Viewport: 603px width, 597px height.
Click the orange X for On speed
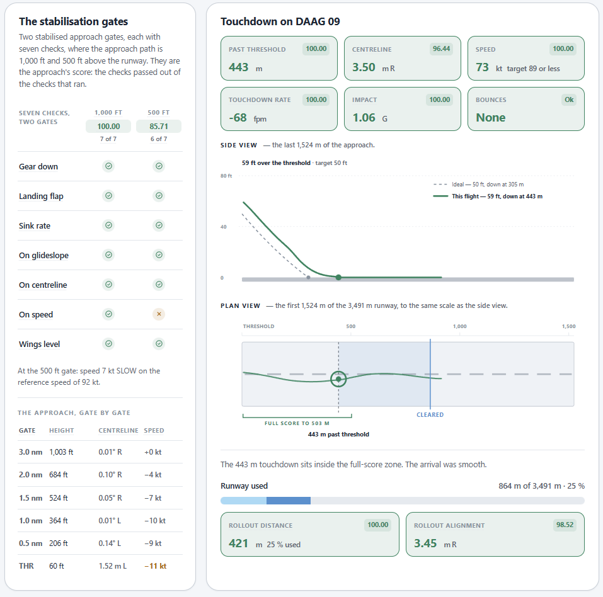[x=159, y=314]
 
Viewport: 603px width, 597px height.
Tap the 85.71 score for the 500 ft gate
[x=159, y=126]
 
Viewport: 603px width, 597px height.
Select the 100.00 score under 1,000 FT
[x=108, y=126]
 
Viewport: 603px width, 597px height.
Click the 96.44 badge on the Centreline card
[x=441, y=49]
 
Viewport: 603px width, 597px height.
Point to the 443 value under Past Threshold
[x=238, y=67]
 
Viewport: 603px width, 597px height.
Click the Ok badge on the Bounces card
[x=569, y=99]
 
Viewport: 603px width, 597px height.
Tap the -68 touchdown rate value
[x=238, y=118]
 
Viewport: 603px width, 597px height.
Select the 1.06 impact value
[x=364, y=118]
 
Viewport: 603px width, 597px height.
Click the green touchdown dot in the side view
[x=338, y=277]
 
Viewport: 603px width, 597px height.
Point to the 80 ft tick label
[x=226, y=176]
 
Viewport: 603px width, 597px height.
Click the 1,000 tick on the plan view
[x=459, y=326]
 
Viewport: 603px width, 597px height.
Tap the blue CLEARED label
[x=430, y=415]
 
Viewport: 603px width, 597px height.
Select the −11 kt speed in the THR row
[x=156, y=566]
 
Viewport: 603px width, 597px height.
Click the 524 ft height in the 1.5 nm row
[x=59, y=498]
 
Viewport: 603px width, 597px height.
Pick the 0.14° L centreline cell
[x=110, y=543]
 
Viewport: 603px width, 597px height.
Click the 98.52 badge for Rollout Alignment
[x=565, y=525]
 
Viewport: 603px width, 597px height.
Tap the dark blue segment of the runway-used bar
[x=289, y=501]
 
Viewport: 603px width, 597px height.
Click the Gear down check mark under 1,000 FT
[x=109, y=166]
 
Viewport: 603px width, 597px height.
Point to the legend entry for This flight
[x=488, y=196]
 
